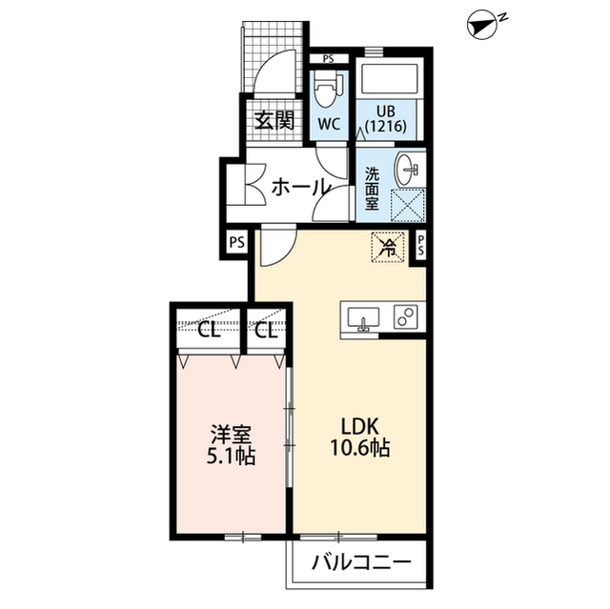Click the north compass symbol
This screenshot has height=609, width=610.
coord(484,24)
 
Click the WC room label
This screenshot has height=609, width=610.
coord(329,124)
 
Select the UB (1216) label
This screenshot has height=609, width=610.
coord(385,118)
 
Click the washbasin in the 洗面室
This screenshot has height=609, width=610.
coord(406,170)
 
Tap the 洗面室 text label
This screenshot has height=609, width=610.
coord(372,189)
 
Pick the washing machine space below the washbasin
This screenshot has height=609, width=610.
coord(407,205)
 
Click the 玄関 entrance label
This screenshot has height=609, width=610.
coord(274,120)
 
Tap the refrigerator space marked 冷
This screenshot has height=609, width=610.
coord(389,247)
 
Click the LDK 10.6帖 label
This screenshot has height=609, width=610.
coord(360,437)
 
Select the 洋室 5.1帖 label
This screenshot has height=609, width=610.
coord(231,445)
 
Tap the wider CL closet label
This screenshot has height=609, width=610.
coord(209,331)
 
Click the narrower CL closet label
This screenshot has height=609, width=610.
coord(267,331)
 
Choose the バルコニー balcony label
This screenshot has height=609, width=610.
coord(361,562)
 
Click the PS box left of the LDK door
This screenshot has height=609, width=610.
coord(237,242)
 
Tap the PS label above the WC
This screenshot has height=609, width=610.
coord(328,59)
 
